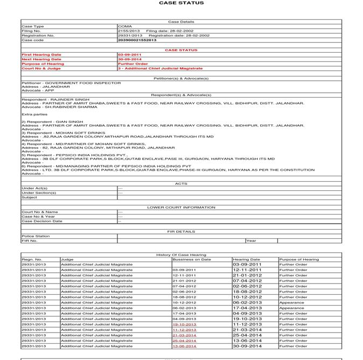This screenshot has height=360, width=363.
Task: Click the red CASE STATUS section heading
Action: click(181, 50)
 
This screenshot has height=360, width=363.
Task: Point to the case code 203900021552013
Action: click(137, 40)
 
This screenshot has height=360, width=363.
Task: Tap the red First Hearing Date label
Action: click(41, 55)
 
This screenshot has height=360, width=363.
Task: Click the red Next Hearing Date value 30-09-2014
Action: click(129, 59)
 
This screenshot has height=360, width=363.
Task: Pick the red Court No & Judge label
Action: click(41, 68)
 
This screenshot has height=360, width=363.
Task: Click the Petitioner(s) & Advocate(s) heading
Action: click(181, 78)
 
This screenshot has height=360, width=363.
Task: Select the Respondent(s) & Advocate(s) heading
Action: click(181, 95)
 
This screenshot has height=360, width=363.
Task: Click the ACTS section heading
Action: click(181, 183)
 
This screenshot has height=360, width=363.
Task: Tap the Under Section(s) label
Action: click(39, 193)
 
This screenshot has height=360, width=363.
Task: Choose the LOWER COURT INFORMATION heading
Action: click(181, 207)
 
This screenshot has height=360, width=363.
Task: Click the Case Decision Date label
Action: click(41, 221)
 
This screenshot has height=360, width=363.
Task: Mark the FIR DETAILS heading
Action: click(181, 231)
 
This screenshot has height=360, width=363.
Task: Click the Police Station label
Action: click(36, 236)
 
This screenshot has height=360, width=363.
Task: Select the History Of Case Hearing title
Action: click(181, 254)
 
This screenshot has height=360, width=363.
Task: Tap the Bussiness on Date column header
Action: click(192, 259)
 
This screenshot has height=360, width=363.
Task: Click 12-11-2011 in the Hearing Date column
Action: click(247, 270)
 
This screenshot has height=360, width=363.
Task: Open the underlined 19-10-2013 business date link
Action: click(184, 324)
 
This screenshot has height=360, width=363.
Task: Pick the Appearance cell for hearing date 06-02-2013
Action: click(291, 302)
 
